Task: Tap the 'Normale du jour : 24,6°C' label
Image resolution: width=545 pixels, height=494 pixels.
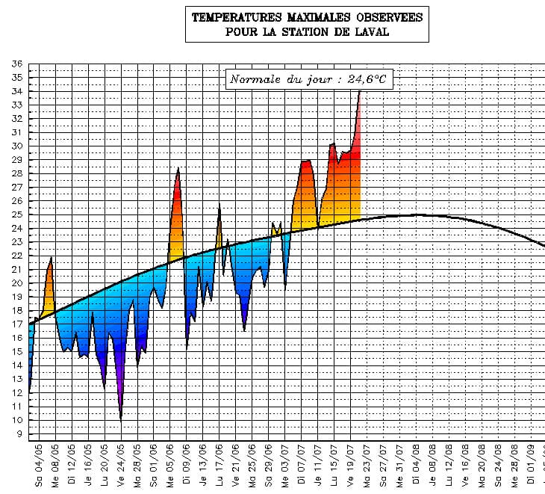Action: click(308, 78)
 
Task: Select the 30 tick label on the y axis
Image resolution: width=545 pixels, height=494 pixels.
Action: click(16, 146)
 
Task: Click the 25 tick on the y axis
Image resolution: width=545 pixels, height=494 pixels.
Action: click(16, 214)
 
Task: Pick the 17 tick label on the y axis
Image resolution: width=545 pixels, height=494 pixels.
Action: click(16, 324)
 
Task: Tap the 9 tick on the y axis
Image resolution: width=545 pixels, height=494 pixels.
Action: click(19, 433)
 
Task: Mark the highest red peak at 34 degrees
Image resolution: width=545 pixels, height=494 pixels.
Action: click(360, 92)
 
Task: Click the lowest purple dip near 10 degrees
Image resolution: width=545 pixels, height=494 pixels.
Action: click(121, 420)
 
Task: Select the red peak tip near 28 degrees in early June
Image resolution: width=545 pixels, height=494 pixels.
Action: click(178, 169)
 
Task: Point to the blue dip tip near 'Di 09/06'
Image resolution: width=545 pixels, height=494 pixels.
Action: click(187, 346)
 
